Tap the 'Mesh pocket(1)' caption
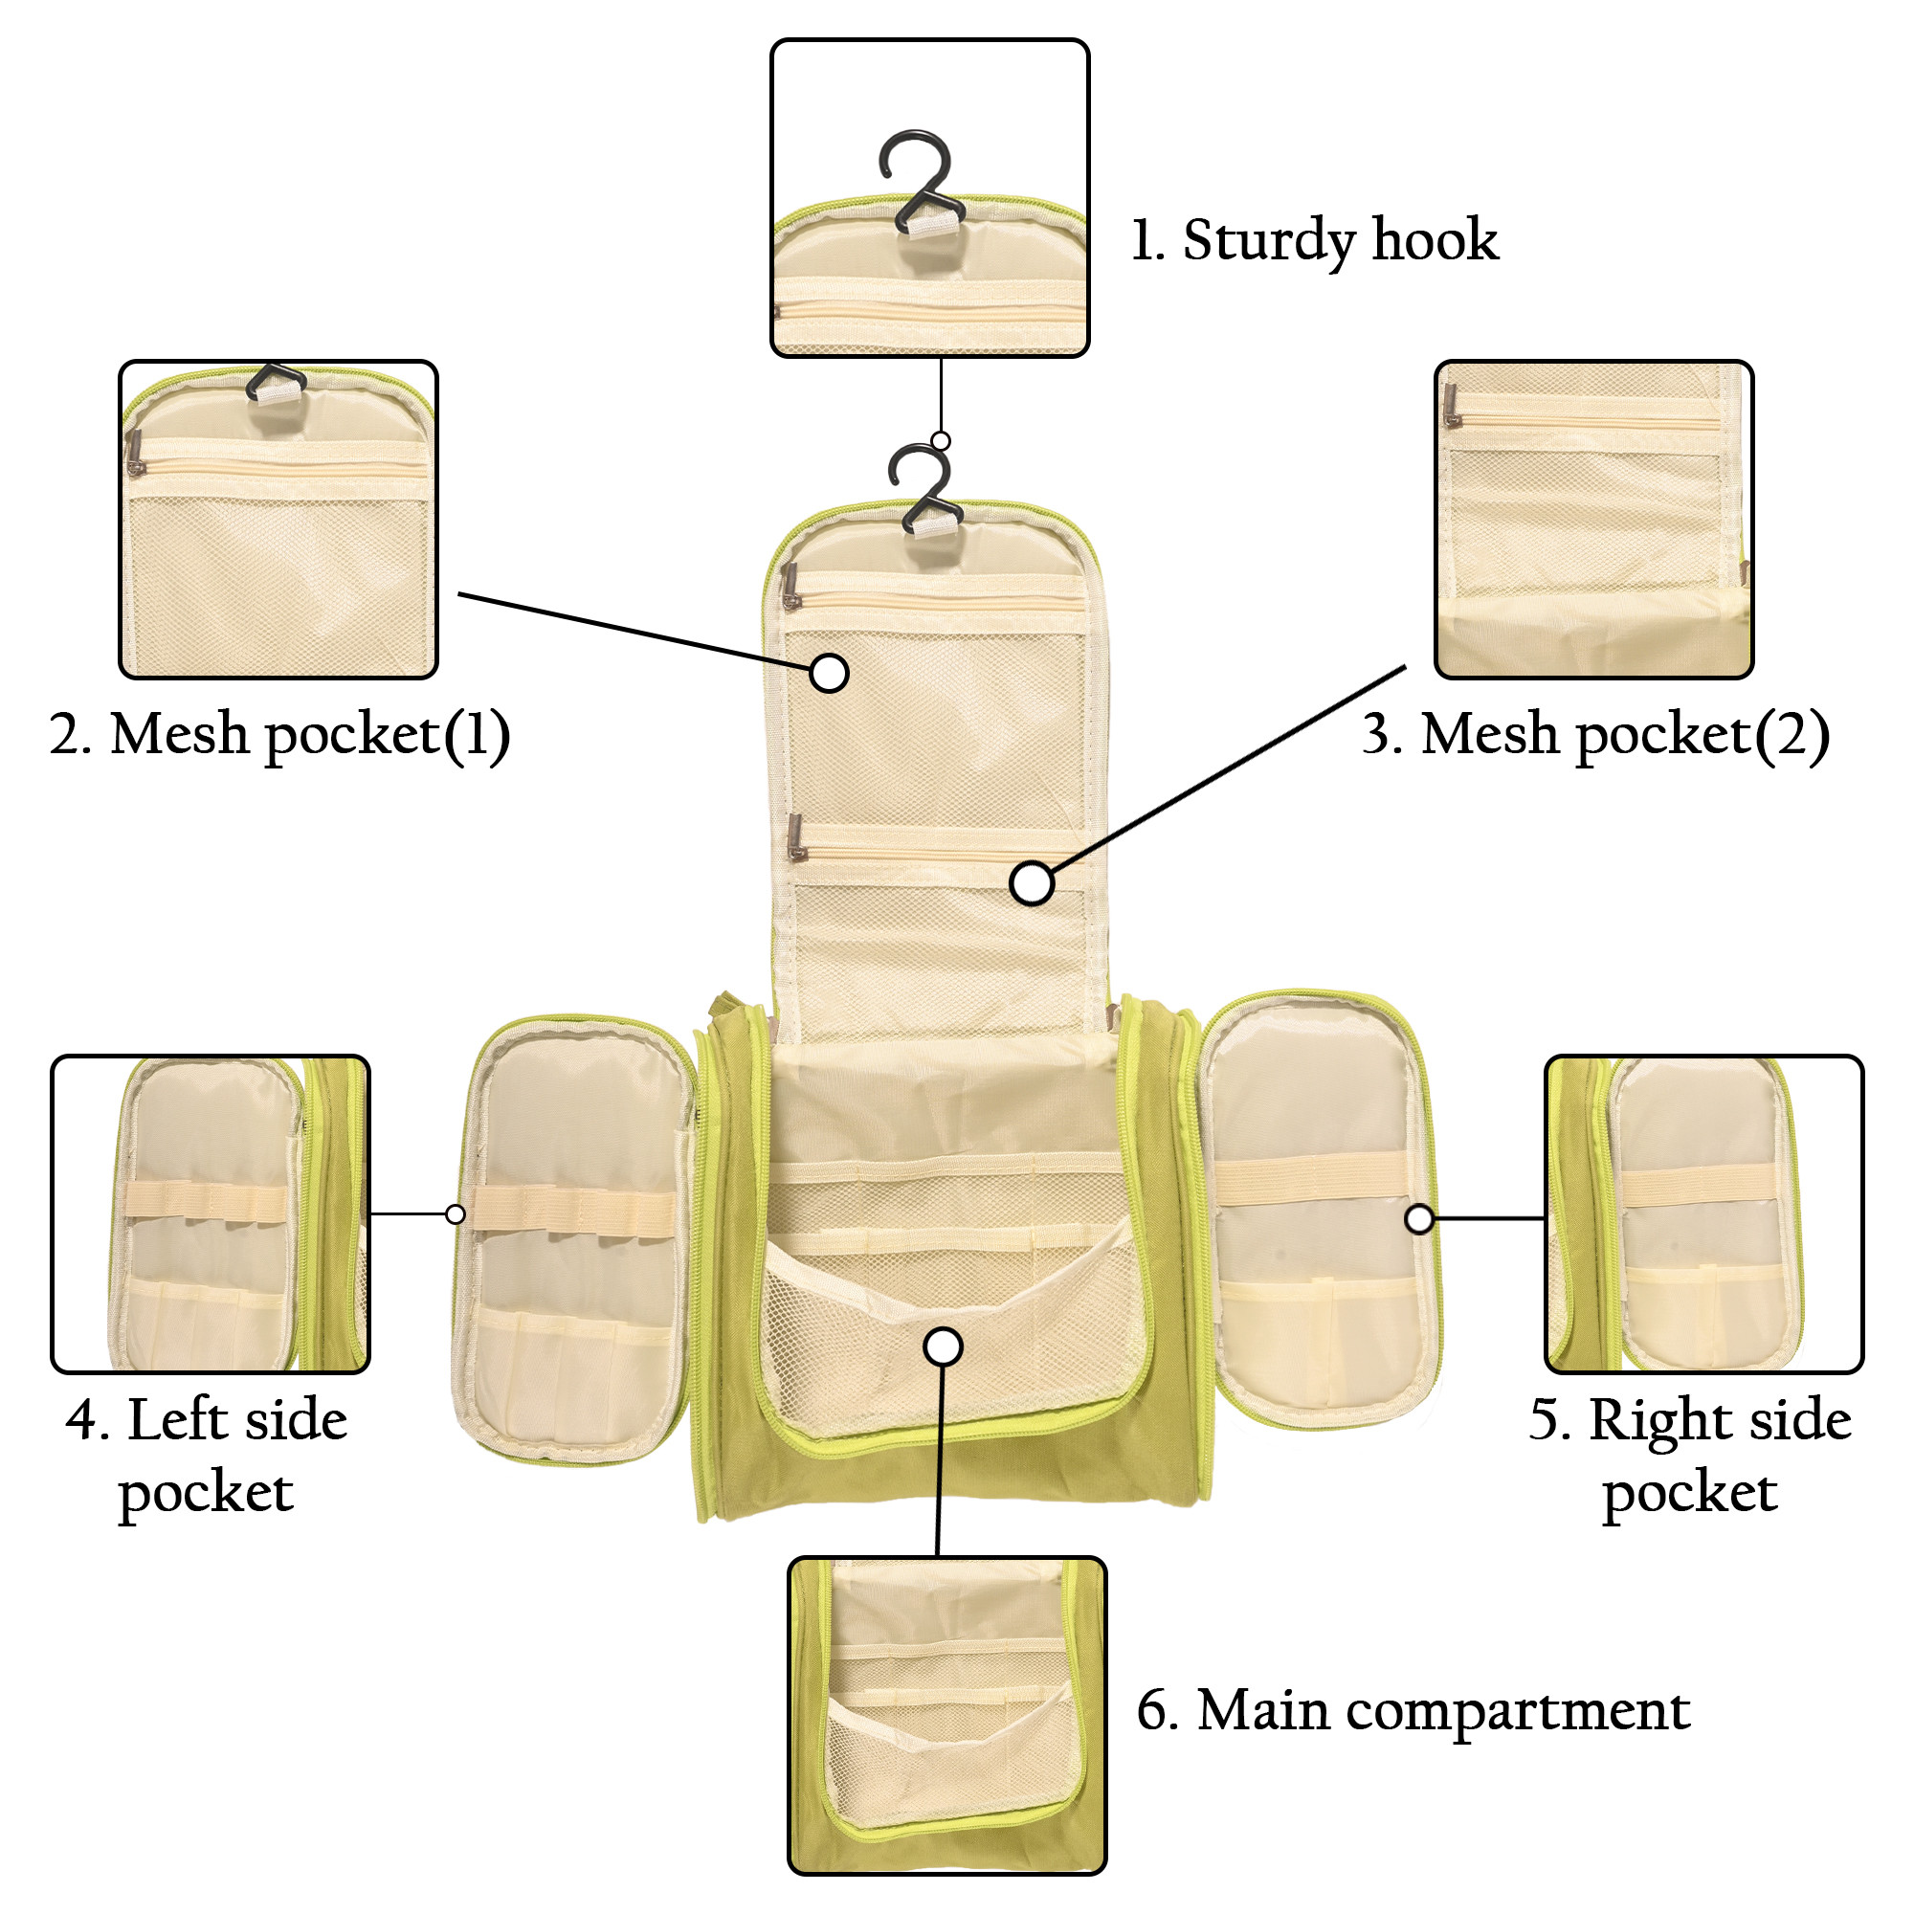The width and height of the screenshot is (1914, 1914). (279, 736)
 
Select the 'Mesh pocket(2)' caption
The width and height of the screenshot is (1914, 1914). (1594, 736)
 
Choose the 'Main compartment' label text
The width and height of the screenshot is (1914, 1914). (1413, 1711)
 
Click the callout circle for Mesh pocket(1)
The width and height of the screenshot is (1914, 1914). (829, 673)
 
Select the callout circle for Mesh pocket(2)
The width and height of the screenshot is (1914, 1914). (1032, 882)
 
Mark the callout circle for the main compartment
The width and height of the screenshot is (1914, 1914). (944, 1346)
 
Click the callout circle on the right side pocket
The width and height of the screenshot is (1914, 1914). (1419, 1218)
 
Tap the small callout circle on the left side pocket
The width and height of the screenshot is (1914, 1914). (456, 1213)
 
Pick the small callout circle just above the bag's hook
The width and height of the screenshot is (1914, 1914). (941, 441)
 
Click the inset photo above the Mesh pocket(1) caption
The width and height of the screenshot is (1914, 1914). (278, 519)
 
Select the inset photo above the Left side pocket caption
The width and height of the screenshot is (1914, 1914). (210, 1213)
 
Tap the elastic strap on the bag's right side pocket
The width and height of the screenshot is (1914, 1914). (1310, 1179)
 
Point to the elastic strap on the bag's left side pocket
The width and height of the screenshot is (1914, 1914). (572, 1210)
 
